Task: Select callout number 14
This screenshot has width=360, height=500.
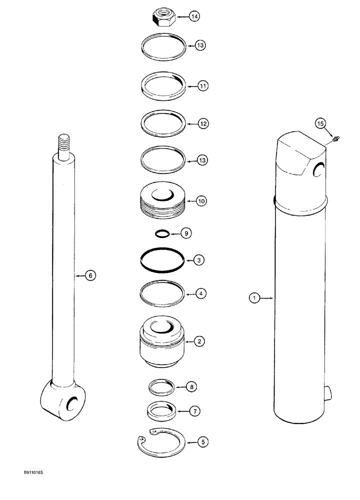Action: (x=194, y=17)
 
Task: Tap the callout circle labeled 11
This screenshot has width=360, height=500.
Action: (x=203, y=86)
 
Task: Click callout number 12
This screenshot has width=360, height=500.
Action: (x=203, y=123)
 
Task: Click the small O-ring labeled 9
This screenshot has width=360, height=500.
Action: (x=161, y=233)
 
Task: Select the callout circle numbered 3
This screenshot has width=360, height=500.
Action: (x=199, y=259)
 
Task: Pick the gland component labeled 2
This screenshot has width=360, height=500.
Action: (x=161, y=341)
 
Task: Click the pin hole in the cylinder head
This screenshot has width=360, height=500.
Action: (x=317, y=171)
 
